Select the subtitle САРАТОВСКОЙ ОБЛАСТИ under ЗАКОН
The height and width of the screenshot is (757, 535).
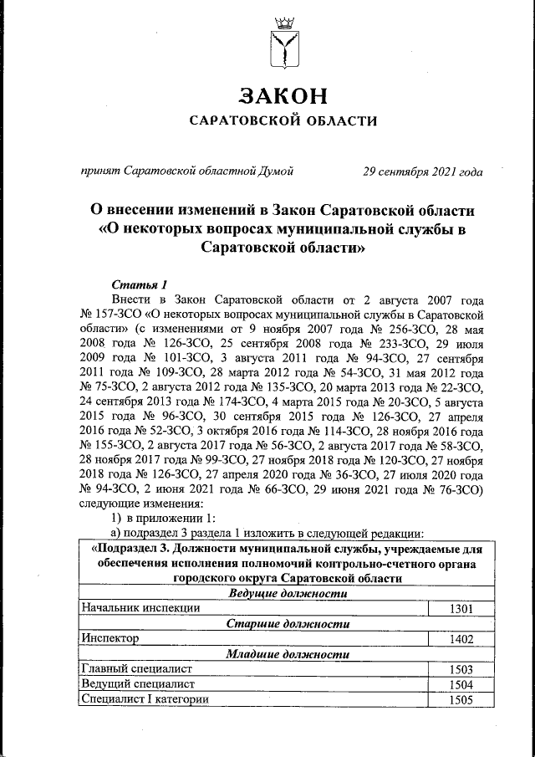[283, 120]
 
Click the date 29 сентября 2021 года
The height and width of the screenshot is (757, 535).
[422, 171]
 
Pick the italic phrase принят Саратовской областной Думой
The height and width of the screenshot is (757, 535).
[186, 171]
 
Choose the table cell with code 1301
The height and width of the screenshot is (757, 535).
[460, 609]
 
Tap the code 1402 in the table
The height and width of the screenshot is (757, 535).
[460, 639]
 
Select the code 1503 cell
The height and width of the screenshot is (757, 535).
[460, 669]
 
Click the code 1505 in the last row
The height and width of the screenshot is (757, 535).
[460, 699]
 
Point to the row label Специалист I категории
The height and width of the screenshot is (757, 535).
[145, 699]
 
